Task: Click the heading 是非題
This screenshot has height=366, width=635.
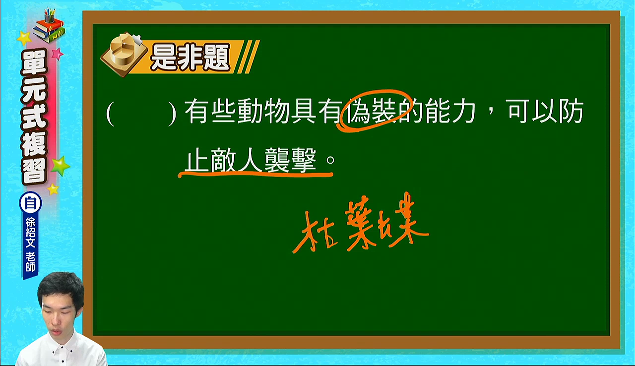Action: pos(190,57)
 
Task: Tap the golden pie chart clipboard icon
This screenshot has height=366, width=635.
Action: pos(124,55)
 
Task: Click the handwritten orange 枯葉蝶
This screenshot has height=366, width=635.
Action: pos(361,223)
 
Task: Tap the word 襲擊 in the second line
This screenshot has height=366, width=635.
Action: pos(290,160)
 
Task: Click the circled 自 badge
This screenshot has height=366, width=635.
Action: pos(30,203)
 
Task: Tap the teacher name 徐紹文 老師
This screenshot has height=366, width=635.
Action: pos(30,244)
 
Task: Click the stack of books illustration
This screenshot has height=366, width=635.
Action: pos(49,26)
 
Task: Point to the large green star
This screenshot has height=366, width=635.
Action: pos(60,166)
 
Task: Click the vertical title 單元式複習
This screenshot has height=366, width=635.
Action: pos(34,117)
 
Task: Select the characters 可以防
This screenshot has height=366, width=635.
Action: pos(545,111)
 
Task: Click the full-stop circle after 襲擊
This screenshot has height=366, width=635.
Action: pos(330,160)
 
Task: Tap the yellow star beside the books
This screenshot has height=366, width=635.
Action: pos(24,38)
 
